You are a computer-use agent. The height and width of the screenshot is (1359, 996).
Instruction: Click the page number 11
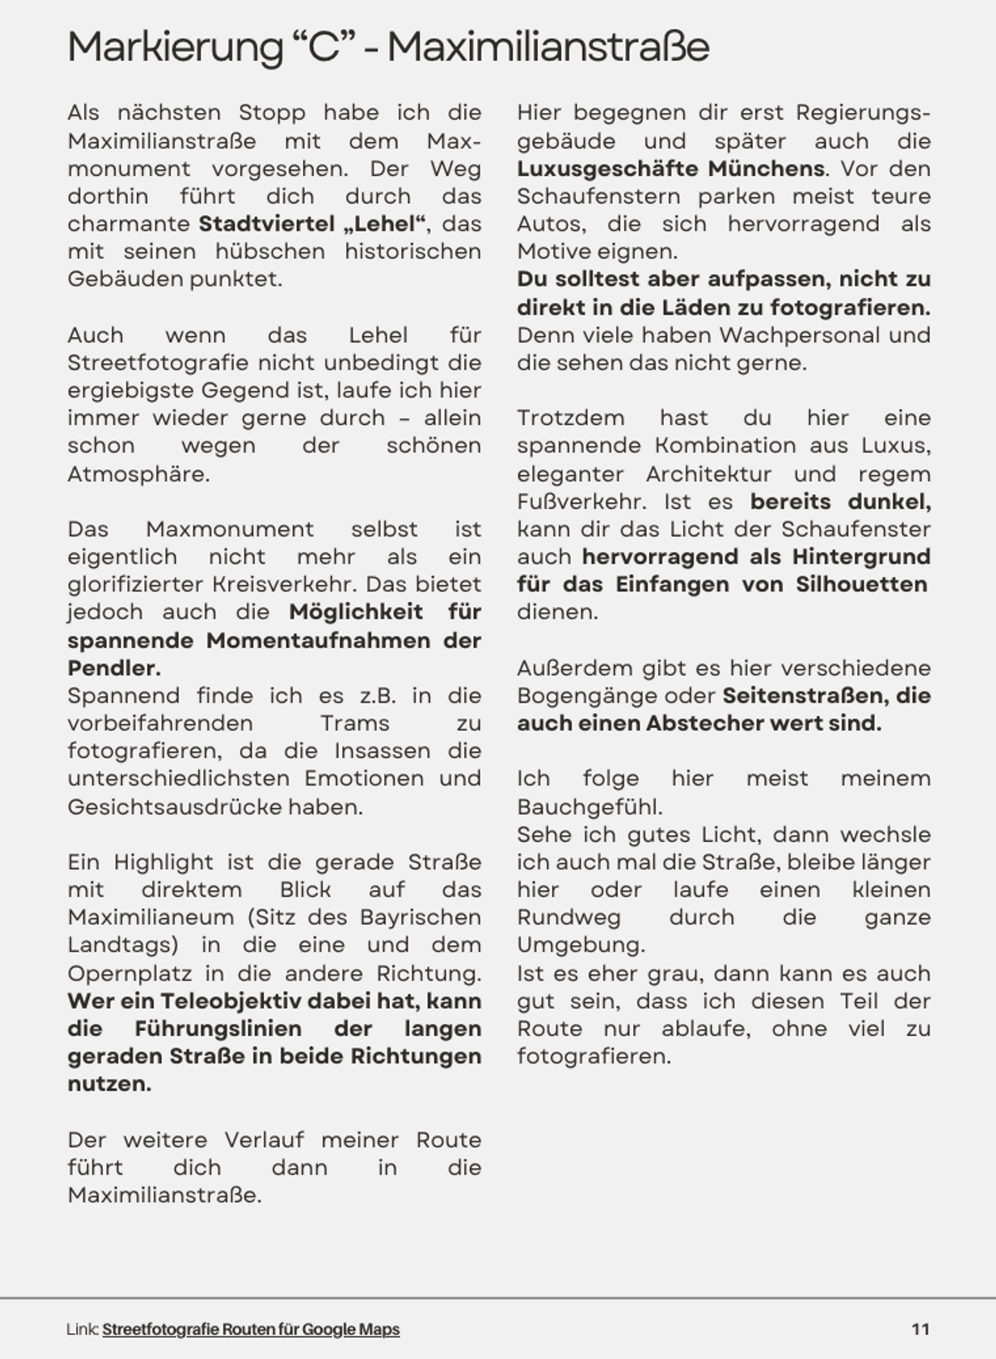click(920, 1329)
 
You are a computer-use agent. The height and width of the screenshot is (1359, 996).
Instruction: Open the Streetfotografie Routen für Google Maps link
click(251, 1329)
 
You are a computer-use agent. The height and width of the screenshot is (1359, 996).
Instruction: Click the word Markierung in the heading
click(175, 47)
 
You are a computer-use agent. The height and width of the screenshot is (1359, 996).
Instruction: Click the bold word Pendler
click(114, 668)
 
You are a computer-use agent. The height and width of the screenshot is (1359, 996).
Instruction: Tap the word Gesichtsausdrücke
click(174, 807)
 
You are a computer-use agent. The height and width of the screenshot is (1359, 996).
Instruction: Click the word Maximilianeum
click(151, 917)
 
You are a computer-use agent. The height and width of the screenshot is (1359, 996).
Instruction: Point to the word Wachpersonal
click(798, 335)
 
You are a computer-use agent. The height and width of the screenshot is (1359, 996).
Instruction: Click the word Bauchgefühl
click(588, 807)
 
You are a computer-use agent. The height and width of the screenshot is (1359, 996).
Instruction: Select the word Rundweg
click(569, 917)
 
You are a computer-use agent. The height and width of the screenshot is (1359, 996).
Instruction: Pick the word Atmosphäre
click(137, 475)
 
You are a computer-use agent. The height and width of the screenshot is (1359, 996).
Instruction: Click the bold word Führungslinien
click(217, 1029)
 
